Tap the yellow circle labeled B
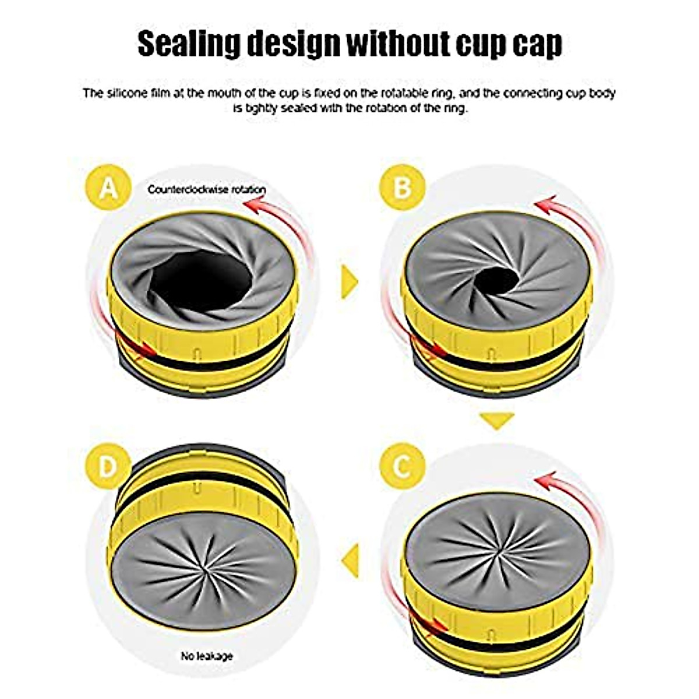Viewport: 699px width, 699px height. coord(402,188)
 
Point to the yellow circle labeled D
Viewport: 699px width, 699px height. coord(108,466)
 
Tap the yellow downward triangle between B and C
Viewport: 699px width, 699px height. coord(497,420)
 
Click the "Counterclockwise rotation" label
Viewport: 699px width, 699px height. coord(207,189)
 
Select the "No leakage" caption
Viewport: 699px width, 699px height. coord(207,656)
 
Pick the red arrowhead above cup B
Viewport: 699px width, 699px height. coord(543,206)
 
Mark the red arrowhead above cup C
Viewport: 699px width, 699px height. coord(543,482)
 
